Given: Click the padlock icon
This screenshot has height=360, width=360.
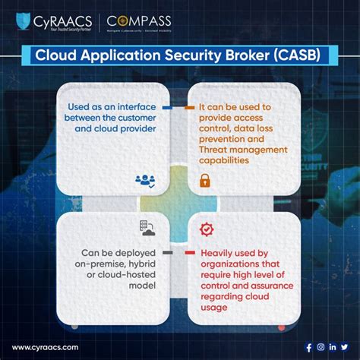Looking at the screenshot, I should pyautogui.click(x=204, y=181).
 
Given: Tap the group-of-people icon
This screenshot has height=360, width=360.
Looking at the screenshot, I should pyautogui.click(x=145, y=181).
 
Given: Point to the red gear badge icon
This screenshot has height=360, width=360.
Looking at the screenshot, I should pyautogui.click(x=204, y=228).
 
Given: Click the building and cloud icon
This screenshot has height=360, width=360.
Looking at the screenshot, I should pyautogui.click(x=144, y=228).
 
